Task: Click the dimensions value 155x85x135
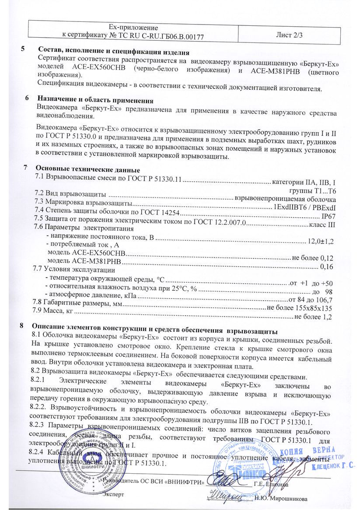point(315,308)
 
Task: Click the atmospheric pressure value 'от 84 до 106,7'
point(311,300)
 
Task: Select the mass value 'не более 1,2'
point(315,317)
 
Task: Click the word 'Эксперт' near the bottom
point(113,494)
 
